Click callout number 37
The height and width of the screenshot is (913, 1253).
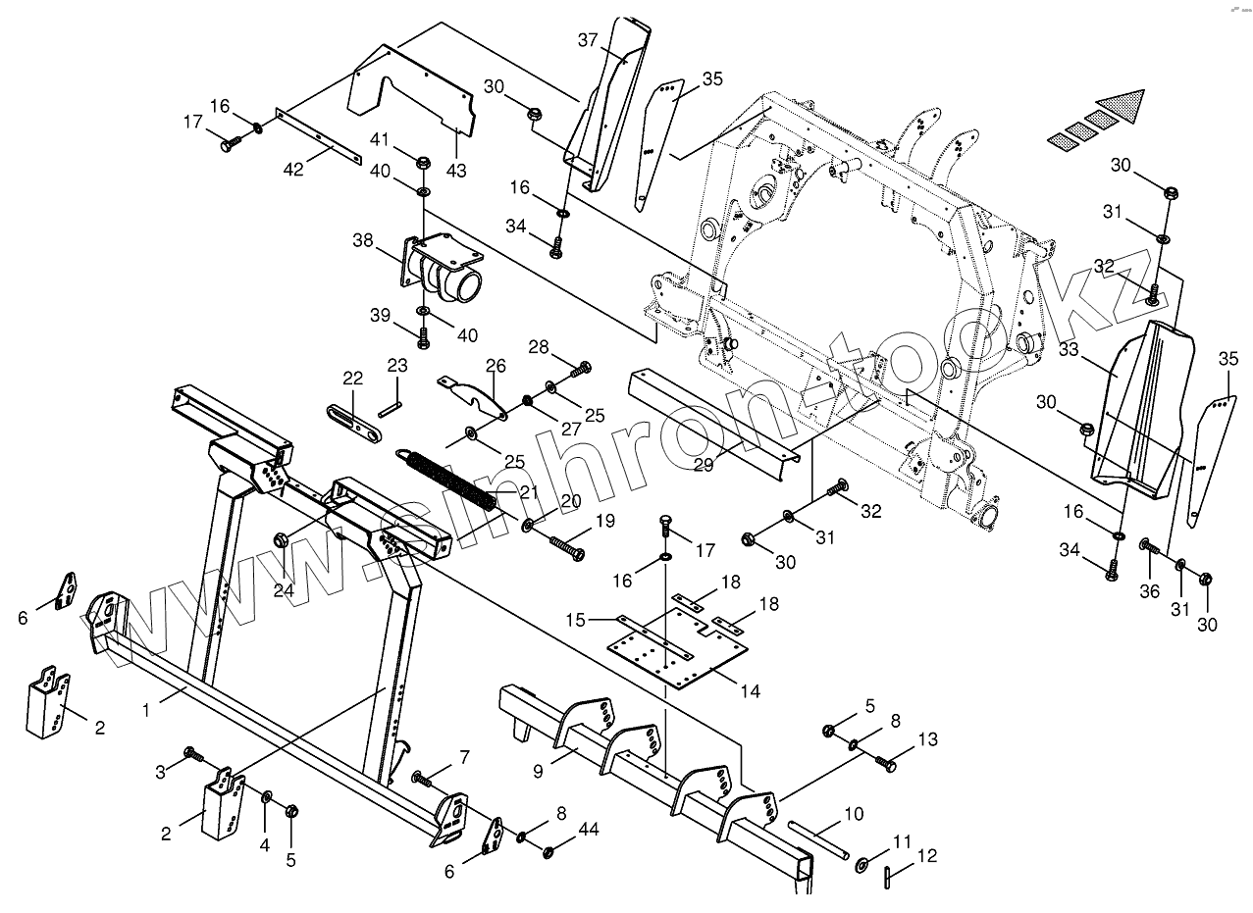tap(587, 40)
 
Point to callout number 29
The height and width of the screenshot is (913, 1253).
tap(704, 465)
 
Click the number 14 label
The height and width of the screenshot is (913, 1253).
tap(750, 690)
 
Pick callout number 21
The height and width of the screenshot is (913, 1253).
tap(530, 492)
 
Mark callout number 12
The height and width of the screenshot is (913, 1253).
tap(926, 856)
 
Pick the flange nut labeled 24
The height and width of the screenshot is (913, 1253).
tap(282, 538)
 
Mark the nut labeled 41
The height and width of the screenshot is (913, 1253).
tap(422, 163)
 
